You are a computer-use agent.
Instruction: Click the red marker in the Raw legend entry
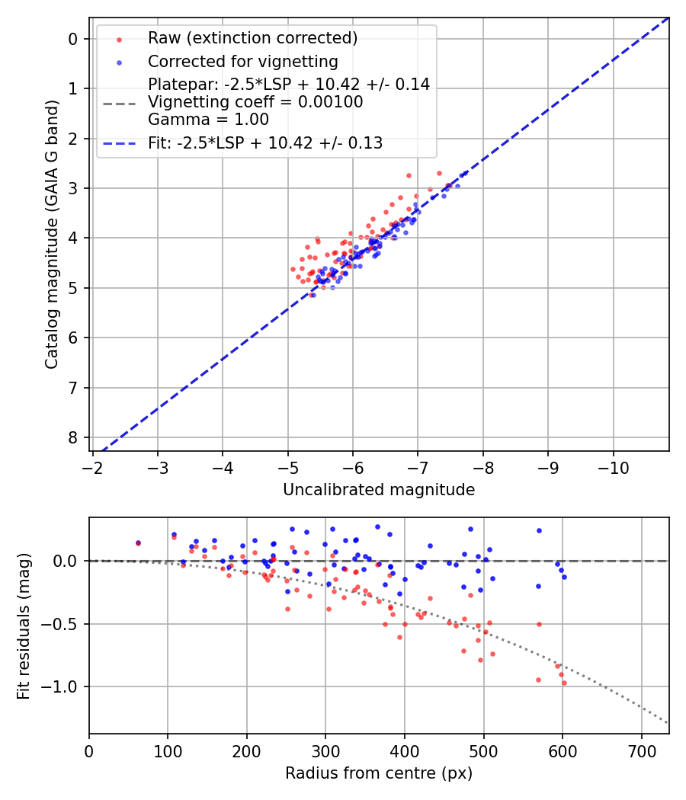(118, 38)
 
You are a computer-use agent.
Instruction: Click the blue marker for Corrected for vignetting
(118, 62)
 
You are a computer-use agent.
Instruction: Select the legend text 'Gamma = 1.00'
(208, 120)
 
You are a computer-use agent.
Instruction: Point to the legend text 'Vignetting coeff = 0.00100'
(255, 102)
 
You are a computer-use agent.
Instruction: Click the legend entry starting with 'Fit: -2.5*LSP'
(264, 143)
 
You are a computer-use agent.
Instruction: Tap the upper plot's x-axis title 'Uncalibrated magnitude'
(379, 490)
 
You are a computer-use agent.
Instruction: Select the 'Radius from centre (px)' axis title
(379, 773)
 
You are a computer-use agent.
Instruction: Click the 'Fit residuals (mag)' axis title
(24, 626)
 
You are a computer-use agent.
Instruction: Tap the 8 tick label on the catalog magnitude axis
(74, 437)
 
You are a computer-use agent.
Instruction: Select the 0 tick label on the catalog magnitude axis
(74, 39)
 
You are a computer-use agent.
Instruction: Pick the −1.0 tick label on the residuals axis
(61, 686)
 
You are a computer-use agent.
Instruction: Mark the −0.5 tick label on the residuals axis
(61, 624)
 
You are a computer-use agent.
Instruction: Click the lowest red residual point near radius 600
(564, 683)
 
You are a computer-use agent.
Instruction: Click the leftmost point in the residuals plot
(138, 543)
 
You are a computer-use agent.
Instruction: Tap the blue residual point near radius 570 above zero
(539, 530)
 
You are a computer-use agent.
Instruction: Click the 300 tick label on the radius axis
(325, 751)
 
